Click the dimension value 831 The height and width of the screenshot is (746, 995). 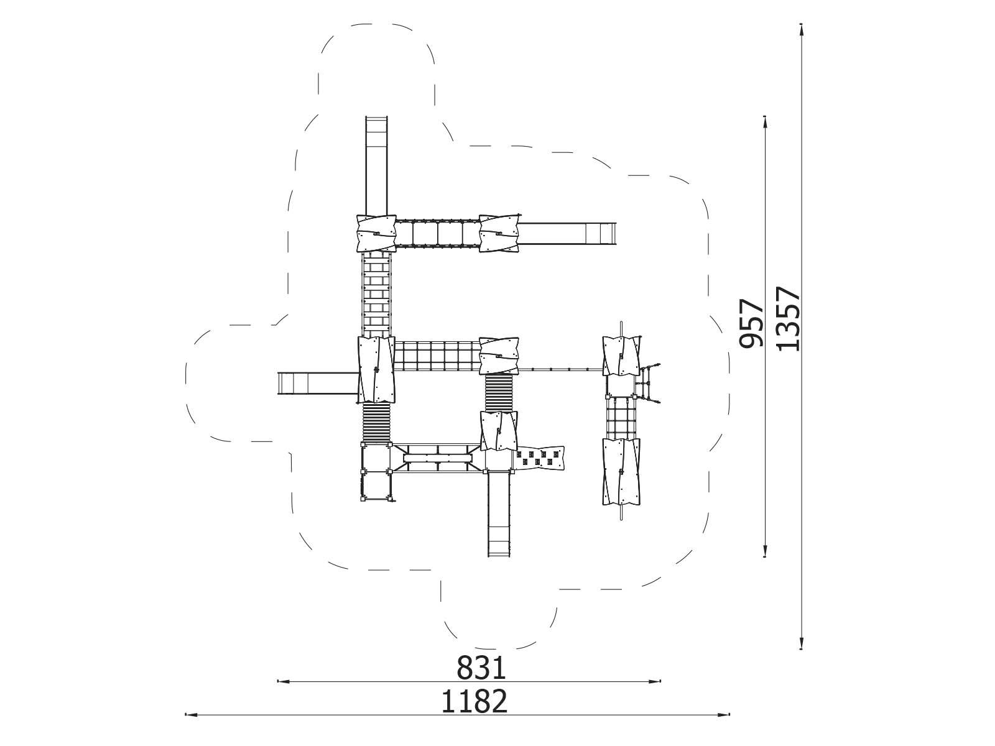click(481, 668)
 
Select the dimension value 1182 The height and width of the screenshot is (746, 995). click(474, 701)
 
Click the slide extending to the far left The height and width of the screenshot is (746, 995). click(318, 385)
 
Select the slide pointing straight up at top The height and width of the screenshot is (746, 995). click(376, 166)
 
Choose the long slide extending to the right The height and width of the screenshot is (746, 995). click(567, 234)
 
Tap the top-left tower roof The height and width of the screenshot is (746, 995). click(376, 233)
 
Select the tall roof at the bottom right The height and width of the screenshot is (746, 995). click(621, 471)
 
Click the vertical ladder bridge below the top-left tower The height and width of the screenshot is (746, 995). click(376, 295)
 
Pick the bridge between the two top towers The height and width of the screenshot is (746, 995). click(438, 234)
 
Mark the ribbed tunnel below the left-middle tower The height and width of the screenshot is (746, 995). click(376, 423)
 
